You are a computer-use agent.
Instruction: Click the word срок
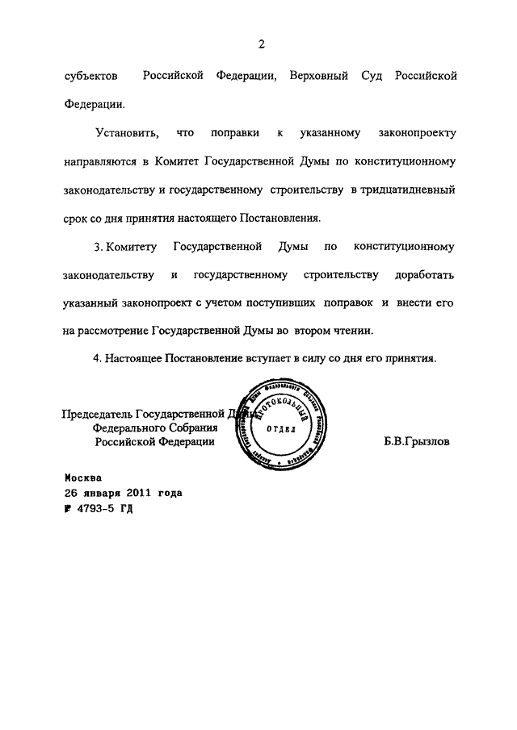click(78, 218)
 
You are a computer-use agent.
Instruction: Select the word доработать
click(426, 275)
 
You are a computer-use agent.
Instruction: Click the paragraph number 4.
click(97, 359)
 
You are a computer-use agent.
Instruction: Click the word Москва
click(84, 477)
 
